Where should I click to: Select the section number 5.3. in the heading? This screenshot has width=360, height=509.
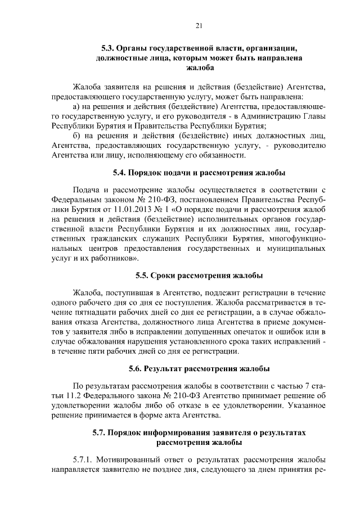pos(108,48)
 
